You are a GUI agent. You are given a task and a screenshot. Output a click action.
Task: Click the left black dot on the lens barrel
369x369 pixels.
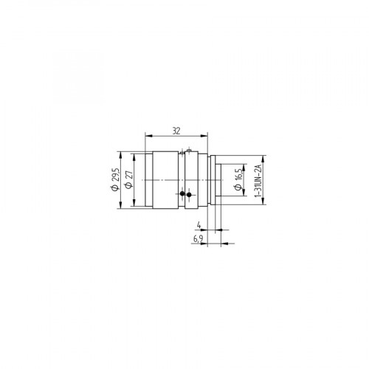(182, 194)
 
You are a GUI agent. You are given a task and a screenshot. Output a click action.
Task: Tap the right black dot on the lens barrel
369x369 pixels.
(189, 195)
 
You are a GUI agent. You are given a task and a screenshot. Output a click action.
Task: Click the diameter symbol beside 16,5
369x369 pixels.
(238, 187)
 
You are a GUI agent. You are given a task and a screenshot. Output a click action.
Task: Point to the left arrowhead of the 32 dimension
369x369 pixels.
(148, 135)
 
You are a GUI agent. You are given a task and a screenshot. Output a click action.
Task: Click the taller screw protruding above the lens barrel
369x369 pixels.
(190, 151)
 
